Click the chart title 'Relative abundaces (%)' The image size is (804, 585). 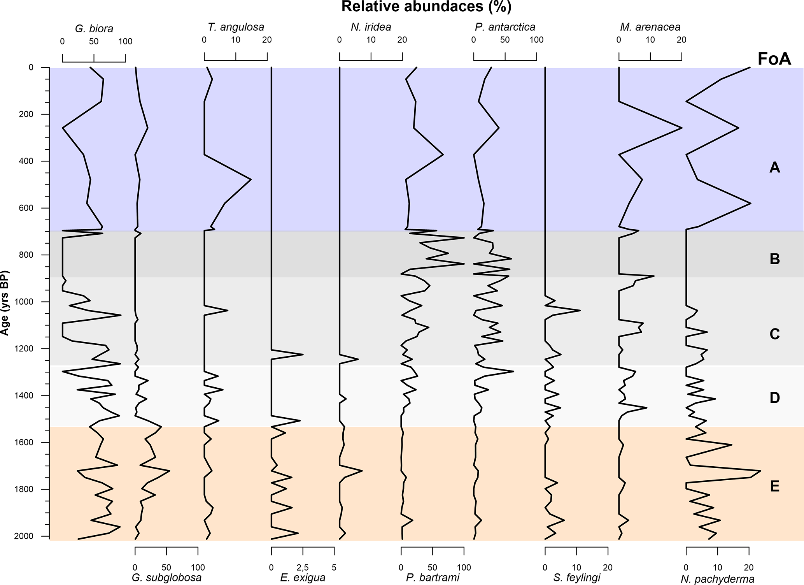click(426, 7)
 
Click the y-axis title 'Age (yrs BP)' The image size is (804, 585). click(5, 302)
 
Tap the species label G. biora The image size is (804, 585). click(94, 28)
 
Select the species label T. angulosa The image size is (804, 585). click(236, 27)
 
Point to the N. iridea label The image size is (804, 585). click(371, 27)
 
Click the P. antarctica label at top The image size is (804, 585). click(505, 27)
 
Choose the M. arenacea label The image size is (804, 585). click(650, 27)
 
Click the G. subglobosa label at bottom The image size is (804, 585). click(166, 578)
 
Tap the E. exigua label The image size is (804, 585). click(303, 578)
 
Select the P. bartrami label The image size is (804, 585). click(433, 578)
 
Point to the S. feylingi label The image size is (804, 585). click(576, 578)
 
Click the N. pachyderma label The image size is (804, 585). click(717, 579)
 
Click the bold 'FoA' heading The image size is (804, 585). click(774, 59)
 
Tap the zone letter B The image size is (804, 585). click(774, 259)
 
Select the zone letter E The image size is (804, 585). click(774, 486)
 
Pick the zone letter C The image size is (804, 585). click(774, 334)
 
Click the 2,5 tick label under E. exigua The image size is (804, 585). click(303, 567)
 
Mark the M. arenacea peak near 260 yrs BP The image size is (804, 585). click(681, 128)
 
